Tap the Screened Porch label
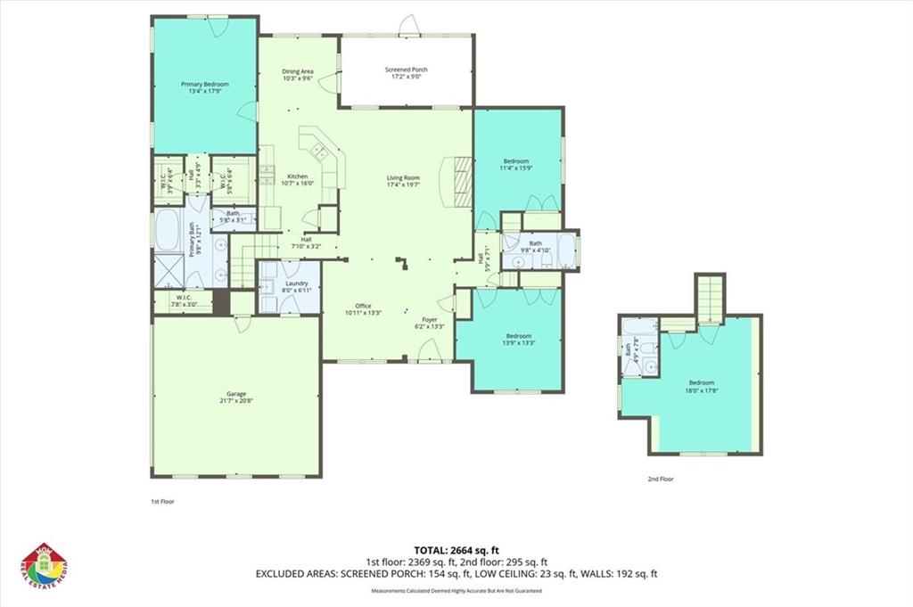tap(406, 74)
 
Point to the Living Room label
tap(403, 181)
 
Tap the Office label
tap(363, 309)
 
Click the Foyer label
tap(429, 323)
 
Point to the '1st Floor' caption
tap(162, 502)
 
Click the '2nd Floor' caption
tap(661, 480)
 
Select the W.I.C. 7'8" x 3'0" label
tap(185, 300)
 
